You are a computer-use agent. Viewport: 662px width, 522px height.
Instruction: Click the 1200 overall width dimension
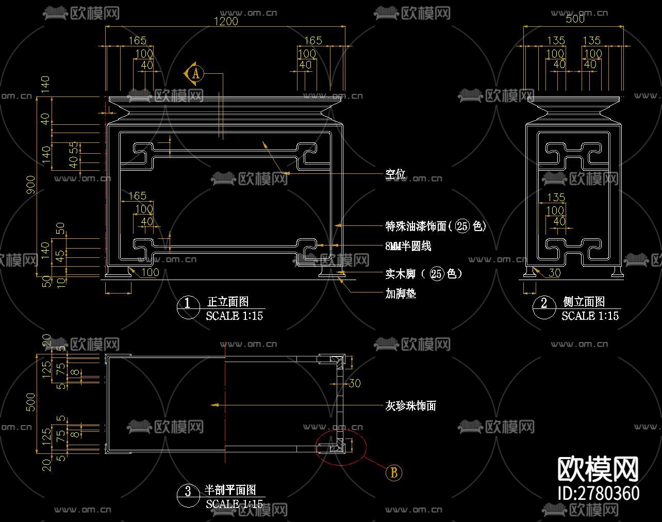click(x=226, y=21)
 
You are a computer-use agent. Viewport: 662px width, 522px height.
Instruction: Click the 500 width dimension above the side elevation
click(x=575, y=19)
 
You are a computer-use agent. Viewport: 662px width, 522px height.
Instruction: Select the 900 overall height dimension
click(x=31, y=185)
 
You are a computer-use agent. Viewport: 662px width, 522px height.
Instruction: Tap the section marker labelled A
click(x=195, y=73)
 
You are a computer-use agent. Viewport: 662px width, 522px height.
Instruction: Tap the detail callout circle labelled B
click(x=394, y=472)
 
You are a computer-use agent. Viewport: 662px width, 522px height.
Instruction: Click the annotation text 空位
click(x=395, y=174)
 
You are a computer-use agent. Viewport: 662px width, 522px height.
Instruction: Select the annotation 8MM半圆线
click(x=408, y=246)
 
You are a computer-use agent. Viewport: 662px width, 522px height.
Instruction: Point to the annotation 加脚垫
click(x=401, y=293)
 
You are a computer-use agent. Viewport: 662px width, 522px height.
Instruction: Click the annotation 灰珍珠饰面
click(x=411, y=406)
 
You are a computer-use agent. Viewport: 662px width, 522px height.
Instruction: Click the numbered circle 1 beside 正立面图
click(x=188, y=303)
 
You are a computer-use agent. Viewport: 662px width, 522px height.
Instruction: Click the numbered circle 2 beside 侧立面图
click(x=544, y=303)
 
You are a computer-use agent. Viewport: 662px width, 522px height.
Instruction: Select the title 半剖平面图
click(x=230, y=490)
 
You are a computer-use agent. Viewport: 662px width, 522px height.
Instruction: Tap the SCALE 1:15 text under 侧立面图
click(x=590, y=316)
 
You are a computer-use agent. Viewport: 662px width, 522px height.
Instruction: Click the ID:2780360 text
click(x=599, y=493)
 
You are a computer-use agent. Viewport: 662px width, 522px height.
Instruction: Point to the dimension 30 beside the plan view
click(x=354, y=383)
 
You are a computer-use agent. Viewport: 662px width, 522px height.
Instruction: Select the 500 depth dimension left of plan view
click(x=31, y=402)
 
